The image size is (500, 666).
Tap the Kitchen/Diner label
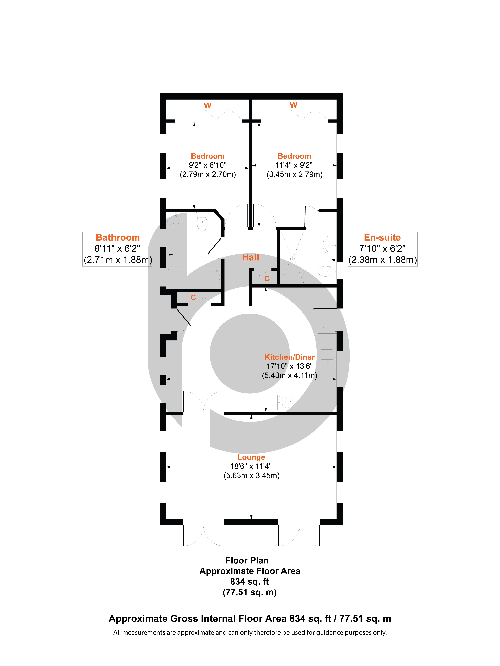(289, 357)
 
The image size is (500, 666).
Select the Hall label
(250, 257)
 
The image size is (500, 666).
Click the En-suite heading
(382, 238)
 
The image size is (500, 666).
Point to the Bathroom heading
(118, 238)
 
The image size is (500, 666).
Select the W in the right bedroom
(293, 105)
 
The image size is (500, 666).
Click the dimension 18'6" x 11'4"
(251, 466)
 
